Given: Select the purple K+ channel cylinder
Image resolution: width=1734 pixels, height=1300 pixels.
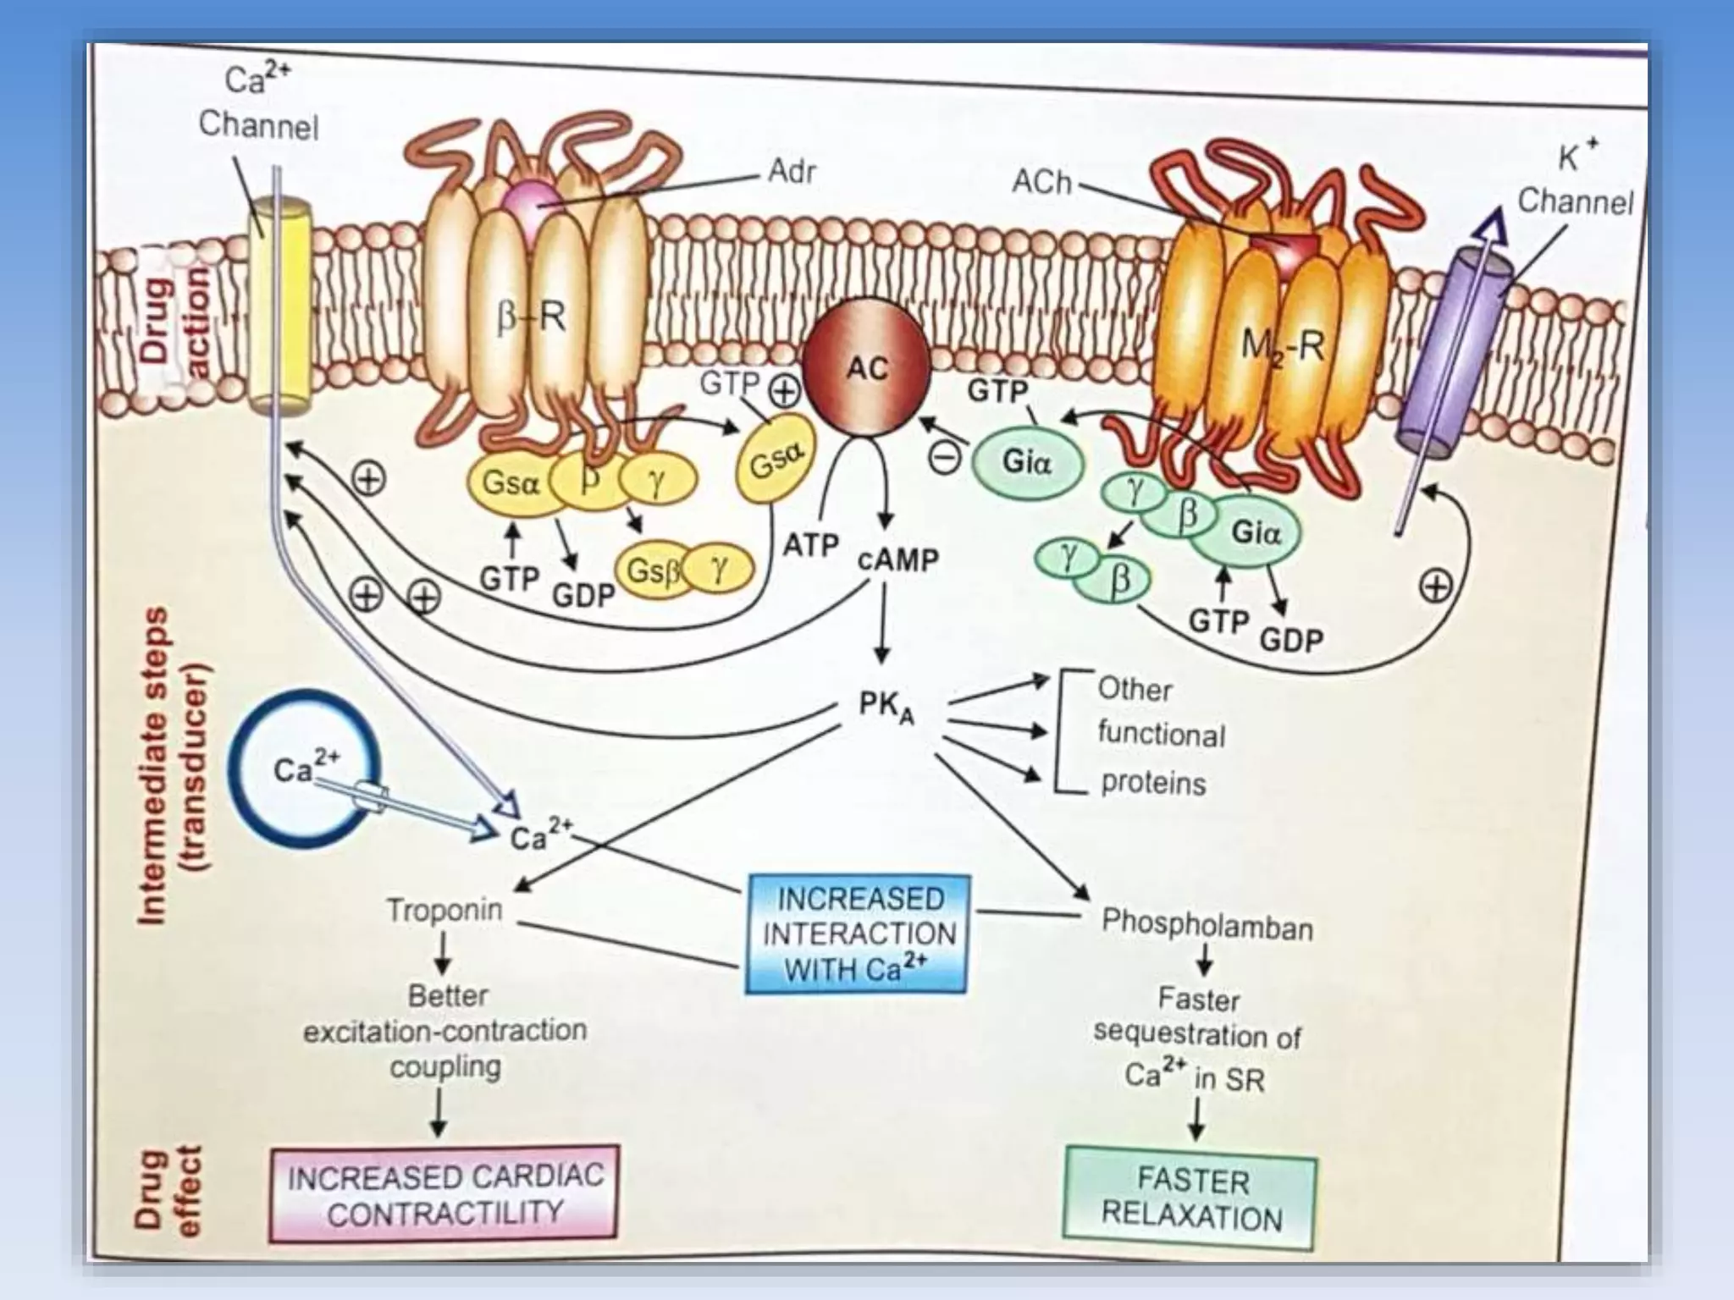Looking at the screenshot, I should point(1452,355).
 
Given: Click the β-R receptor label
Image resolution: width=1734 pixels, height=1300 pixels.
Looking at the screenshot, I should point(531,318).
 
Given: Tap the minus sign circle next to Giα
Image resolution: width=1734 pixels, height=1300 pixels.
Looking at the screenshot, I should point(946,458).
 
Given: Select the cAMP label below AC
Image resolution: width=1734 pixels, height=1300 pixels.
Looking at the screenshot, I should point(898,559).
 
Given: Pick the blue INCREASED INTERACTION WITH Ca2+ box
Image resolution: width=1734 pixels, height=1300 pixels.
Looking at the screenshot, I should point(858,934).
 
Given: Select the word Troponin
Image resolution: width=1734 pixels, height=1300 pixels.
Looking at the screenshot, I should point(445,911).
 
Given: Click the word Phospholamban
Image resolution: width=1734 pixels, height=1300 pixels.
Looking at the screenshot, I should point(1207,926).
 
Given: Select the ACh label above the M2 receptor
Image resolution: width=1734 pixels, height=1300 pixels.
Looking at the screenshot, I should point(1042,182).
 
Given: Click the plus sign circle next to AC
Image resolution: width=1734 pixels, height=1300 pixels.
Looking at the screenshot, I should point(783,391).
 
